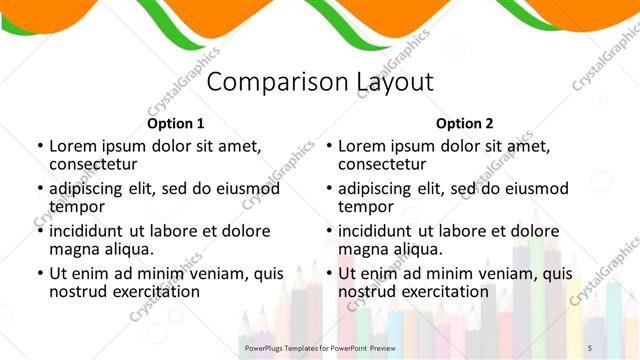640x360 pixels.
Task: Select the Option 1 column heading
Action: (x=175, y=124)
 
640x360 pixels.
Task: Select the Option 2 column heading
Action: (x=464, y=124)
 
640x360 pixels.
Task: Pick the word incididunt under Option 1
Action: (x=95, y=230)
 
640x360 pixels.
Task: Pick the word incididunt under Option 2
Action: (x=384, y=230)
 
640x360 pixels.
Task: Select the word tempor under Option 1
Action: (x=76, y=207)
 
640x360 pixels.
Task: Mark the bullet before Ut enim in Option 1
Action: (x=39, y=273)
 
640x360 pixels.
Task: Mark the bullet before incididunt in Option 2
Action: (x=328, y=231)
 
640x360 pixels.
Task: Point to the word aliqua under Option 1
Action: (x=127, y=249)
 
